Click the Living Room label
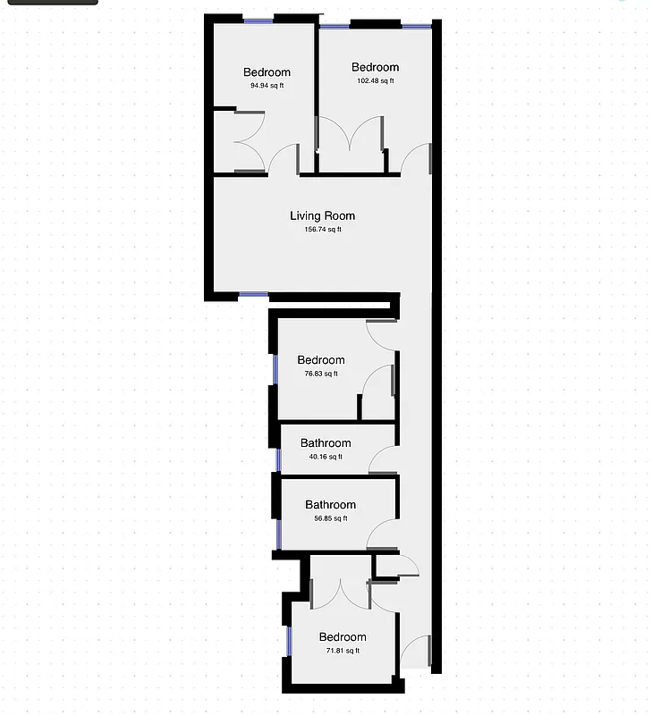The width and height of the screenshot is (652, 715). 323,215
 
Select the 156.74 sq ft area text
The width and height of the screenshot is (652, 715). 323,230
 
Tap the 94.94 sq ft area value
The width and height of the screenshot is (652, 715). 267,85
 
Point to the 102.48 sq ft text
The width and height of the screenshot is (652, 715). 376,80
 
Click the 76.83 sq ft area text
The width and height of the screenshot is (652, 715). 321,374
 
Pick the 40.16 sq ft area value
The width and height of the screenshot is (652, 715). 326,457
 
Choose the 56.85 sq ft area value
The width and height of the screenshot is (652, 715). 331,518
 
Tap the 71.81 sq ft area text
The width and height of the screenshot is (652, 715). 343,651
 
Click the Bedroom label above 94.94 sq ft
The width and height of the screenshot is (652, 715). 267,72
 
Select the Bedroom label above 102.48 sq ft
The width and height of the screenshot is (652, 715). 376,67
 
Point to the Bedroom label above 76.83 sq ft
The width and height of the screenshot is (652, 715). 321,360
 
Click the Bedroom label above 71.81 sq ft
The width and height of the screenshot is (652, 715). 343,637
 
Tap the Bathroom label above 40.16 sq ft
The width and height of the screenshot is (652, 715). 326,442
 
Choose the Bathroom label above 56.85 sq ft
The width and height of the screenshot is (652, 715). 331,504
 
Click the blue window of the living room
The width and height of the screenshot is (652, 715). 254,295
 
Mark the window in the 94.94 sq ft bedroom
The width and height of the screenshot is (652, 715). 258,21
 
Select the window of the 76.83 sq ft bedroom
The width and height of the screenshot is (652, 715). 275,369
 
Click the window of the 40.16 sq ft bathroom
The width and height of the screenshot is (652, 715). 278,460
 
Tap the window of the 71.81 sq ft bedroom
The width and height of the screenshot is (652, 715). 289,641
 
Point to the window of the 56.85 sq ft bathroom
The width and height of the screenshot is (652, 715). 279,534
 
